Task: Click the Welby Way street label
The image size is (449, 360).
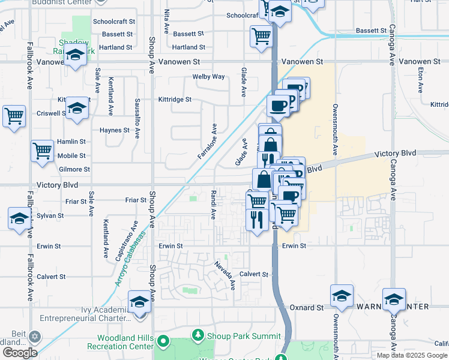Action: pyautogui.click(x=208, y=77)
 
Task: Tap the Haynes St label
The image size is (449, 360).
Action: pyautogui.click(x=114, y=130)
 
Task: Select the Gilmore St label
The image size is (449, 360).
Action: pyautogui.click(x=74, y=170)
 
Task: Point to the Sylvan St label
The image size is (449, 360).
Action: pyautogui.click(x=50, y=215)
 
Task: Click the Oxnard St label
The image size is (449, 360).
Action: pyautogui.click(x=307, y=308)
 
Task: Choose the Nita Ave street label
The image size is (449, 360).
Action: pyautogui.click(x=166, y=21)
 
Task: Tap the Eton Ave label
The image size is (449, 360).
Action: pyautogui.click(x=421, y=79)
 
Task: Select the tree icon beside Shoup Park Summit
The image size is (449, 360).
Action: pyautogui.click(x=197, y=335)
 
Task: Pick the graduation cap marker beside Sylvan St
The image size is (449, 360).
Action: pyautogui.click(x=20, y=218)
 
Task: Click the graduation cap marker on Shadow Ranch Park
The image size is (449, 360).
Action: pyautogui.click(x=75, y=56)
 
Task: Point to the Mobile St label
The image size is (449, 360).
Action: pyautogui.click(x=71, y=156)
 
